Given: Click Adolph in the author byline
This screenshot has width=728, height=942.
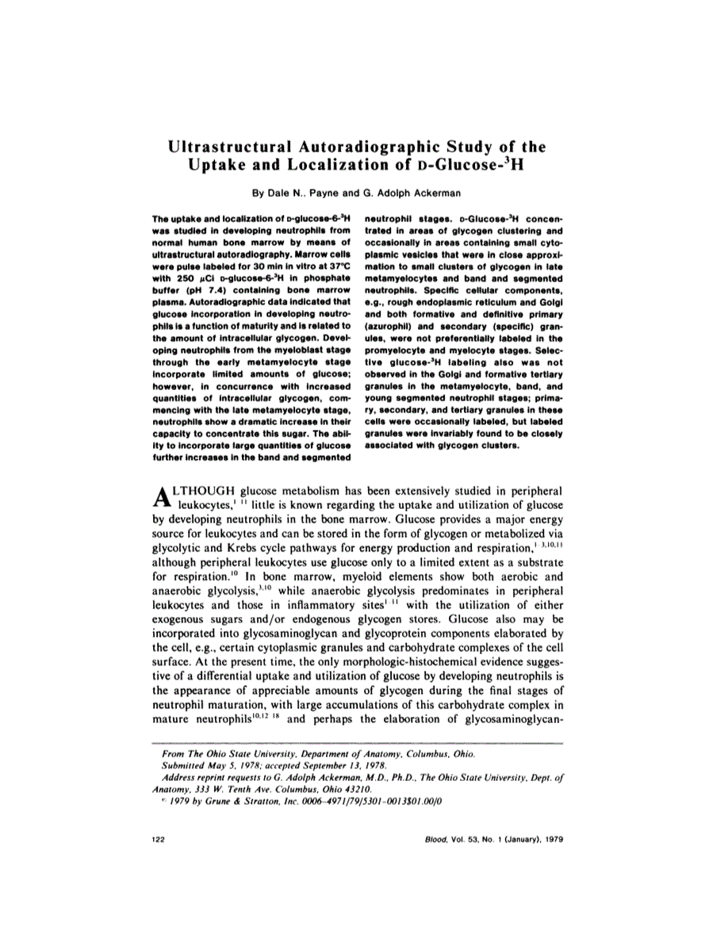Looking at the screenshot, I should (x=399, y=193).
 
